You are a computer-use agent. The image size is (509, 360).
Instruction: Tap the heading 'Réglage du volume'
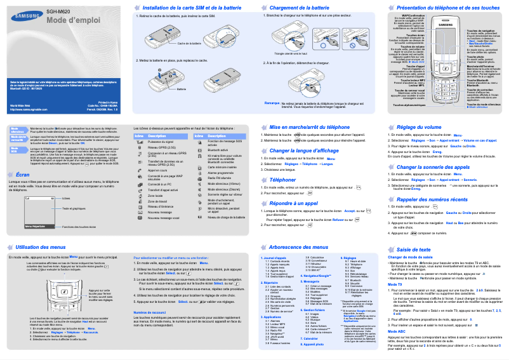pos(418,127)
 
